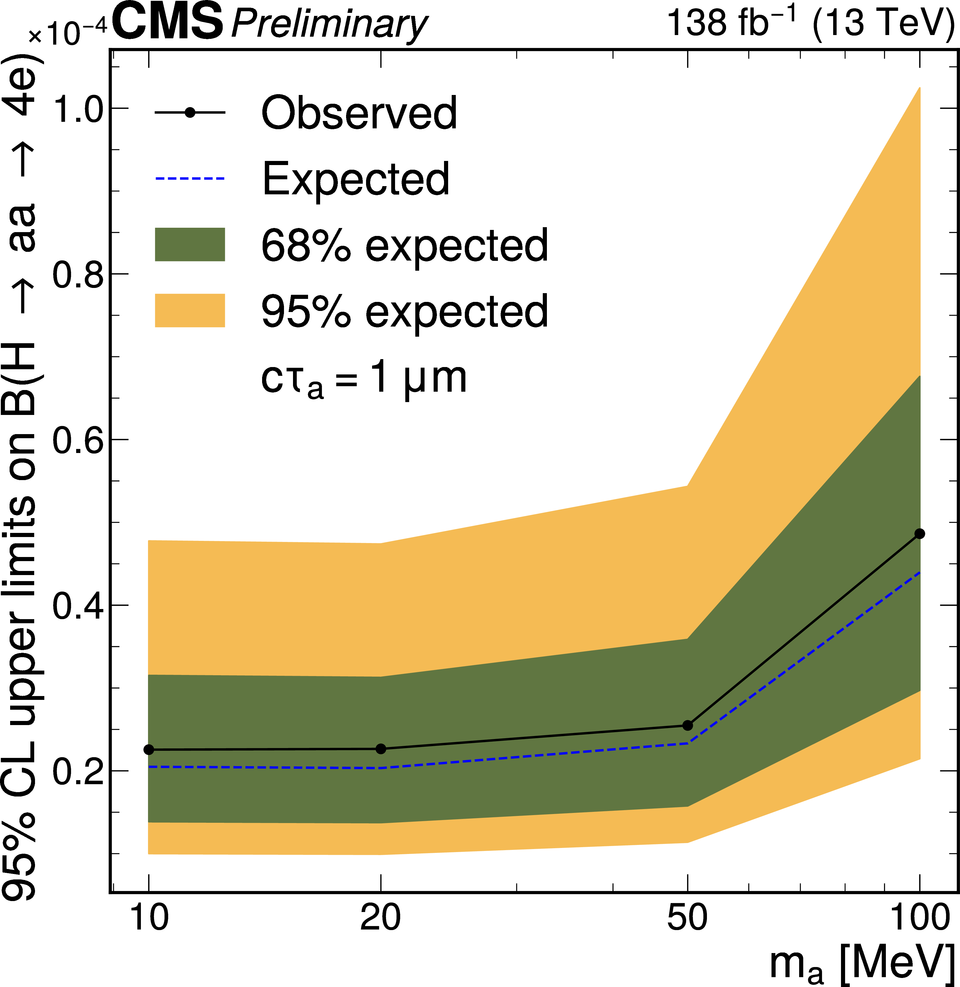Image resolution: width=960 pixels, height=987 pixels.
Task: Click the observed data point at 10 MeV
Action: coord(149,749)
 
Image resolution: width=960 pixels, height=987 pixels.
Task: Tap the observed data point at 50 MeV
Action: coord(687,725)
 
